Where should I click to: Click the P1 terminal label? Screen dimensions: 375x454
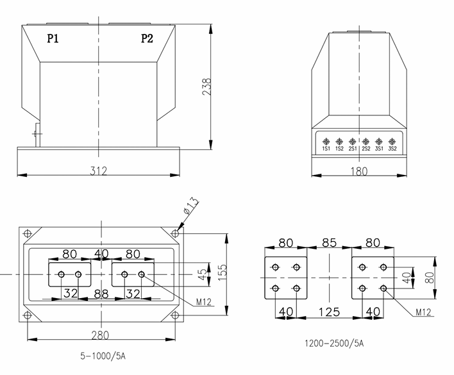53,38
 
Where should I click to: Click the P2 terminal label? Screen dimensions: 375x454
147,38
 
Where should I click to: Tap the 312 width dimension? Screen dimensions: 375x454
98,171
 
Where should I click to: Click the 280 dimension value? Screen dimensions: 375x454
100,334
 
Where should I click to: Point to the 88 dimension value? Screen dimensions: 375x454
101,294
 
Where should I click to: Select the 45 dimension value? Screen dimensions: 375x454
203,274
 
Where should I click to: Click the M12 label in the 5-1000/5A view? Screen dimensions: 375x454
204,302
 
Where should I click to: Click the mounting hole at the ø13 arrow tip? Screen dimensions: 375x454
175,233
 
